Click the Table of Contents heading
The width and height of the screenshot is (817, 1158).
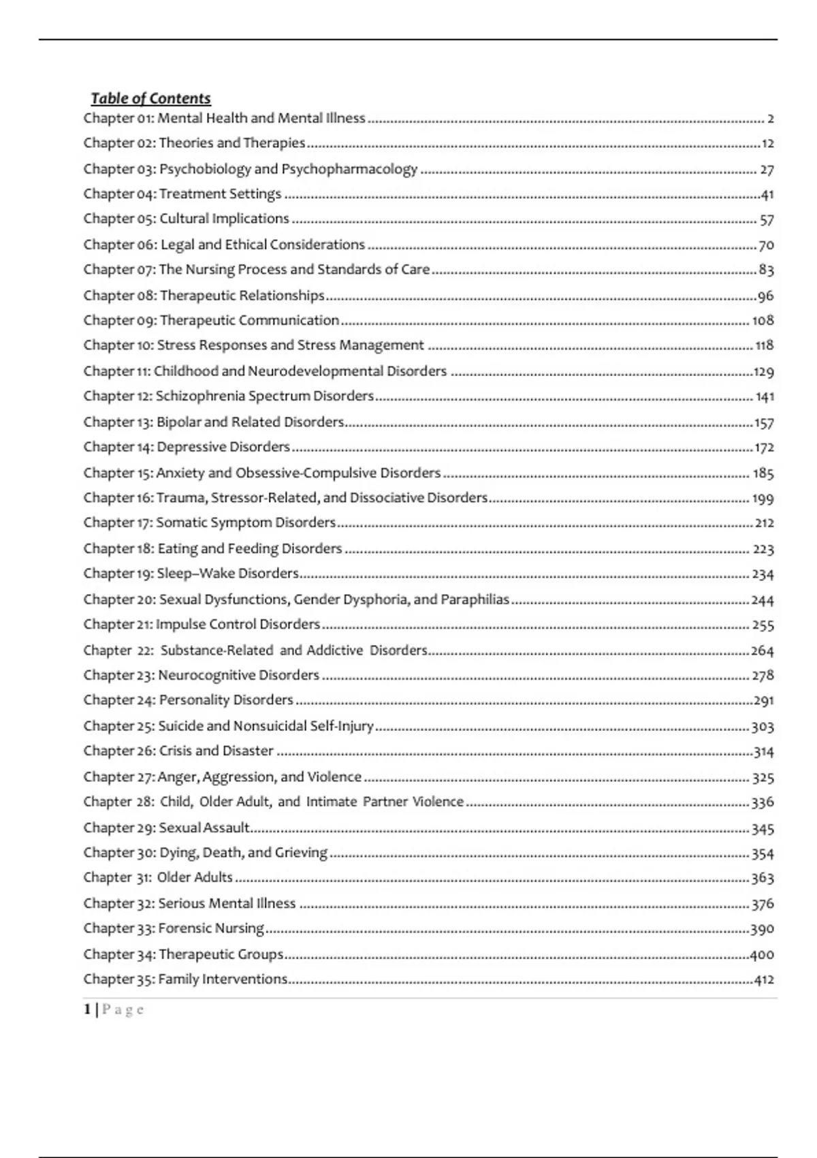(x=150, y=99)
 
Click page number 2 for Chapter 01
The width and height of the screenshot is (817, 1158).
(x=771, y=119)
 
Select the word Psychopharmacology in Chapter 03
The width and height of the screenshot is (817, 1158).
(x=349, y=169)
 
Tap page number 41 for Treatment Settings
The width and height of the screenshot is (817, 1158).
(x=767, y=195)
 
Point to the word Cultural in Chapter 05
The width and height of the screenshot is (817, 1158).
(x=184, y=219)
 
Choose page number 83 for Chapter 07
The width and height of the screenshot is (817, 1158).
(x=767, y=270)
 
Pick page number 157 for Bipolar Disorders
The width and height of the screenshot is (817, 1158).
(x=764, y=423)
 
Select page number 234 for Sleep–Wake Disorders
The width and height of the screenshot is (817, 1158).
(x=763, y=574)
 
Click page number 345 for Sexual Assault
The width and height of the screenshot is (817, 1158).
(x=763, y=829)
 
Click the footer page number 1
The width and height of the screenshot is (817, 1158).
(x=87, y=1010)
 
